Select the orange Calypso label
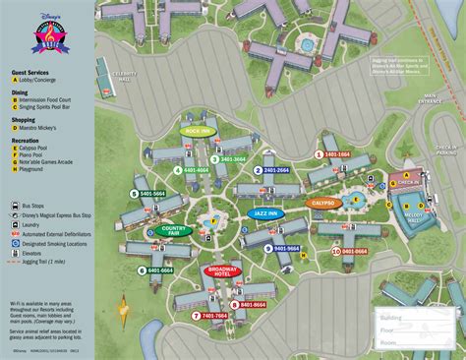[321, 203]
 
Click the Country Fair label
[172, 232]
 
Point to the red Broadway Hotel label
[223, 270]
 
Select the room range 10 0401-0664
[348, 251]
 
